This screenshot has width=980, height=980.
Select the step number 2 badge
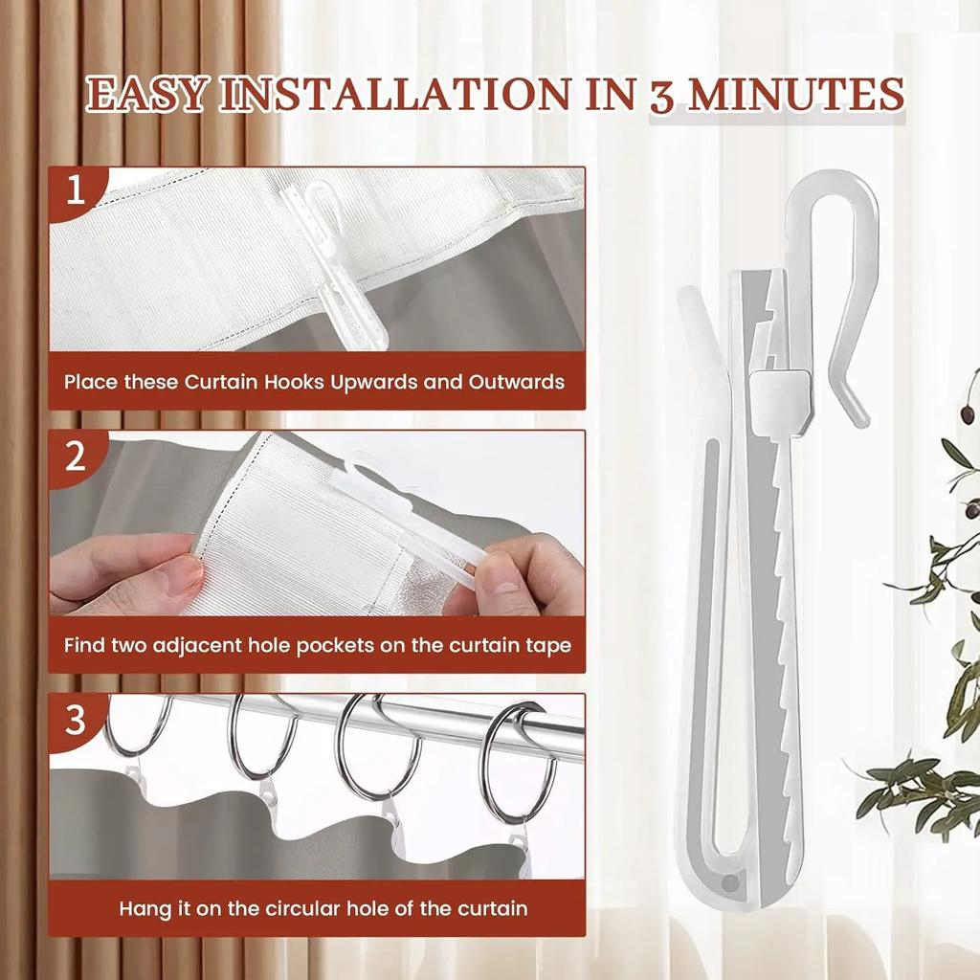pyautogui.click(x=76, y=456)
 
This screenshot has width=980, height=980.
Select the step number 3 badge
pyautogui.click(x=76, y=720)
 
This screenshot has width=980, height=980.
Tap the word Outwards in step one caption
pyautogui.click(x=516, y=382)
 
